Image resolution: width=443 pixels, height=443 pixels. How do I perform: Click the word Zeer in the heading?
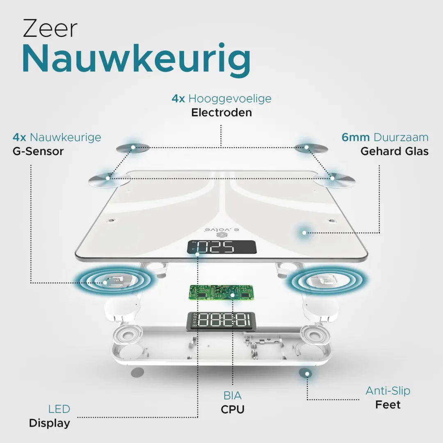tap(50, 28)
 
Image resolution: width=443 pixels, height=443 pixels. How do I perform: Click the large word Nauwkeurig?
tap(136, 60)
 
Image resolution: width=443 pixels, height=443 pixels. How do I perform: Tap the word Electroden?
tap(221, 112)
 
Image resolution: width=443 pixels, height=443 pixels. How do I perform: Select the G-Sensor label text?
tap(38, 151)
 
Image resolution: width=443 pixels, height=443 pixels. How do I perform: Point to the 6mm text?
tap(355, 137)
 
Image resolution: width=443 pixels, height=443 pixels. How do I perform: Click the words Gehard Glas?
tap(395, 151)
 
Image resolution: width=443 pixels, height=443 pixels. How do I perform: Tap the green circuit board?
tap(221, 293)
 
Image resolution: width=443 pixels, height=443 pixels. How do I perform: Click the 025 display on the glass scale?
tap(222, 247)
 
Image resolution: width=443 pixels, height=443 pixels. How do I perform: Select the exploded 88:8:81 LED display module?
tap(221, 322)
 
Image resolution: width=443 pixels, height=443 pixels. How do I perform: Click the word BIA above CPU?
tap(233, 395)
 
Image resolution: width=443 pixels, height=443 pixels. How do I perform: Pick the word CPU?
tap(233, 409)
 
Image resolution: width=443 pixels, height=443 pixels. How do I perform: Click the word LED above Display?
tap(59, 409)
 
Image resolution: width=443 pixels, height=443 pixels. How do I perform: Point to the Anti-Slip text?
tap(388, 391)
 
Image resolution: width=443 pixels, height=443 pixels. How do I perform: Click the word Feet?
tap(388, 404)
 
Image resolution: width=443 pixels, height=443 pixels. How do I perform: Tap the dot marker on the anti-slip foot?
tap(307, 374)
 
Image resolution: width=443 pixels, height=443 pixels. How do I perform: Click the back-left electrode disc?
tap(133, 148)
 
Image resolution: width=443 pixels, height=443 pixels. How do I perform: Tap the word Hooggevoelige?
tap(230, 98)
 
